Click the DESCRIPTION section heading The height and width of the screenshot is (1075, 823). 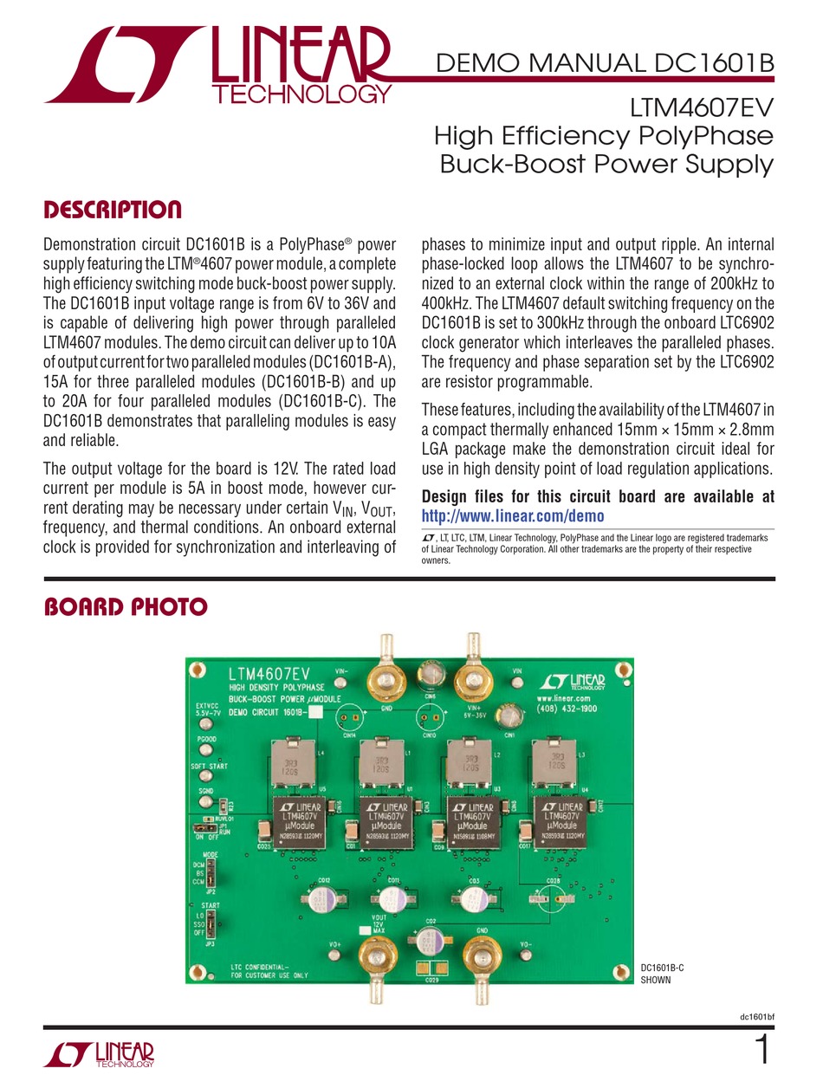tap(113, 210)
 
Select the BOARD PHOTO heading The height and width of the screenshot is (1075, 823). tap(126, 607)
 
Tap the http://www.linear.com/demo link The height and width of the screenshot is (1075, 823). tap(512, 516)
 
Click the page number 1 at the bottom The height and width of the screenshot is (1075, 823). tap(762, 1050)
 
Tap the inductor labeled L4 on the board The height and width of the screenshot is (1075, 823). tap(292, 762)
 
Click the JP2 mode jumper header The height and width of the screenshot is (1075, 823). tap(211, 872)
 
